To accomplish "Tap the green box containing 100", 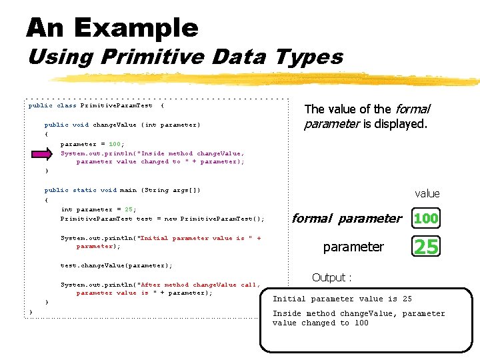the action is click(x=426, y=218).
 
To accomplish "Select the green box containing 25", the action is click(x=426, y=247).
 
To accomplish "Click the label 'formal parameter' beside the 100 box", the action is click(x=347, y=218).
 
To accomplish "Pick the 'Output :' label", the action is click(x=331, y=277).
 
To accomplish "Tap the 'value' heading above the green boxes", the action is click(x=427, y=193).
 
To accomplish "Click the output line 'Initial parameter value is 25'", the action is click(x=342, y=299).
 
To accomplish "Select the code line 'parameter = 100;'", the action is click(x=92, y=144).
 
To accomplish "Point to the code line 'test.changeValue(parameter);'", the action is click(x=116, y=265).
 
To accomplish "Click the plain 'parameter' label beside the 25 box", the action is click(x=353, y=247).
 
